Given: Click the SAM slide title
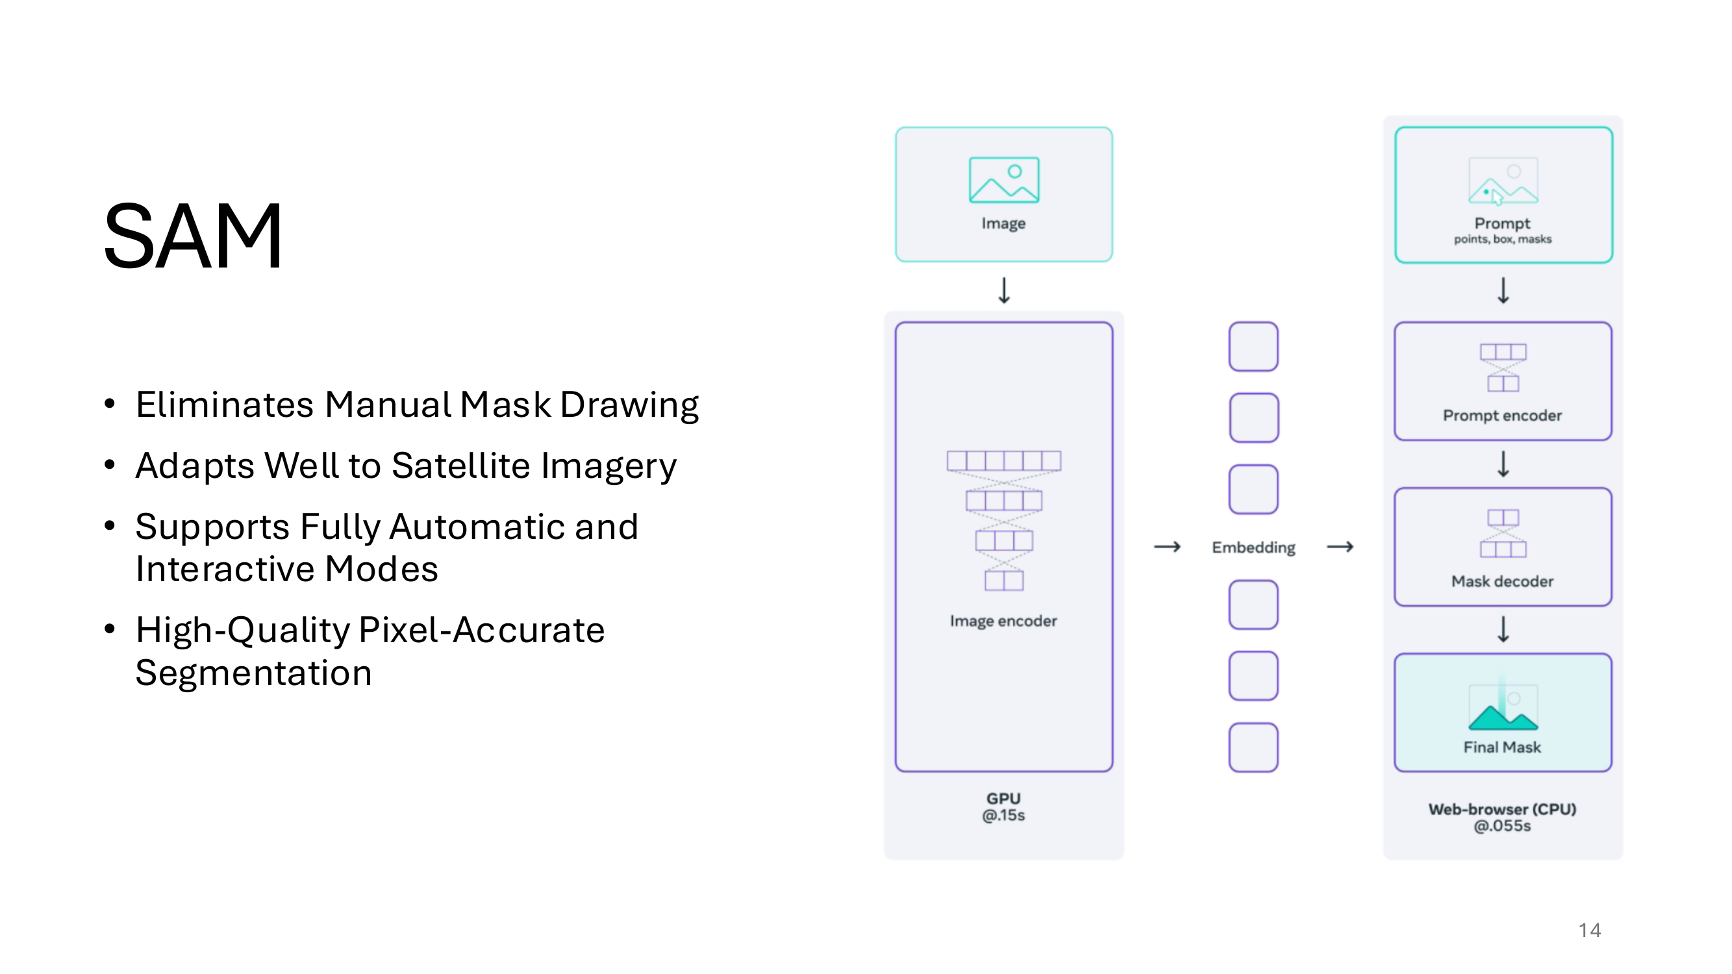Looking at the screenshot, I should click(193, 236).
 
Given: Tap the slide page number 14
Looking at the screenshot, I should click(1590, 930).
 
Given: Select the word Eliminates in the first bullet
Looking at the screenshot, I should click(225, 405).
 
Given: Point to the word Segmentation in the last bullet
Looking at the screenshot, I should click(253, 673).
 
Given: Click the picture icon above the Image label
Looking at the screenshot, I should click(1004, 179).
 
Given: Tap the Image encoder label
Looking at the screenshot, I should click(1003, 621).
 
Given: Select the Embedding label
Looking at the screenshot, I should click(1253, 548).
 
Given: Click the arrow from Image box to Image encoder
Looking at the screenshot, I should click(1004, 290).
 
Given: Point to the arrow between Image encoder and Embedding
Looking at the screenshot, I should click(1167, 547).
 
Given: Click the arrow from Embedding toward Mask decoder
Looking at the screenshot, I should click(1340, 547).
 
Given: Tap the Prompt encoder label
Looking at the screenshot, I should click(1502, 416).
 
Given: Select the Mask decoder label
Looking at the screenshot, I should click(1502, 581).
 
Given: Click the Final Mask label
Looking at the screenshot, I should click(1502, 747).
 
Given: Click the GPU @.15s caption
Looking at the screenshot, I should click(1003, 806).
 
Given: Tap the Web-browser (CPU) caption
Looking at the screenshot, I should click(1502, 809).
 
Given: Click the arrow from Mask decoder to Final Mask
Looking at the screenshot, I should click(1503, 630).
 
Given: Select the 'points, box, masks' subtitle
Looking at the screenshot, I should click(1503, 240).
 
